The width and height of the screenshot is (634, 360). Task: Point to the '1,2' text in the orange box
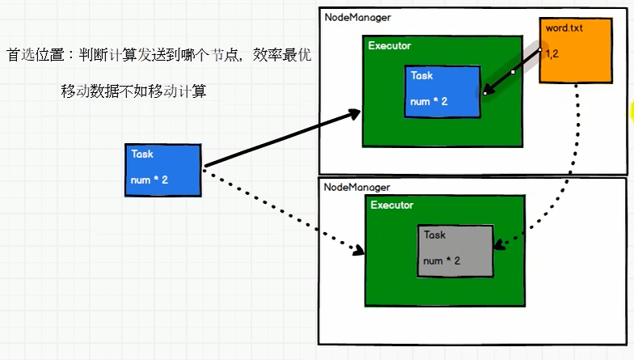coord(553,54)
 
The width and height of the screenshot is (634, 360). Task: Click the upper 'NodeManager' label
coord(358,17)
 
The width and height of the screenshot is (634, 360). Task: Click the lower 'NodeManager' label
coord(358,187)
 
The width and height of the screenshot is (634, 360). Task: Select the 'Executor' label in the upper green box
coord(390,46)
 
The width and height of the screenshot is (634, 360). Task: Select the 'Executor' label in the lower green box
coord(392,205)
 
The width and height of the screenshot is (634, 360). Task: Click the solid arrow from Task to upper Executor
coord(283,139)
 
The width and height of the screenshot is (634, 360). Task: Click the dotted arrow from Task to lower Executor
coord(283,210)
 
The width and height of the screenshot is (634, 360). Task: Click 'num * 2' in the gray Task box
coord(442,261)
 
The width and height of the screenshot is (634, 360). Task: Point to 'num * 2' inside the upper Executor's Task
coord(429,102)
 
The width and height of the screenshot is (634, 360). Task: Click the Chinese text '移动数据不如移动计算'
coord(133,91)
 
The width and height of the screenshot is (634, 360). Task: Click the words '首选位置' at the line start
coord(36,56)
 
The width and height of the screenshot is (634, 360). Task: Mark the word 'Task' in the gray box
coord(435,235)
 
